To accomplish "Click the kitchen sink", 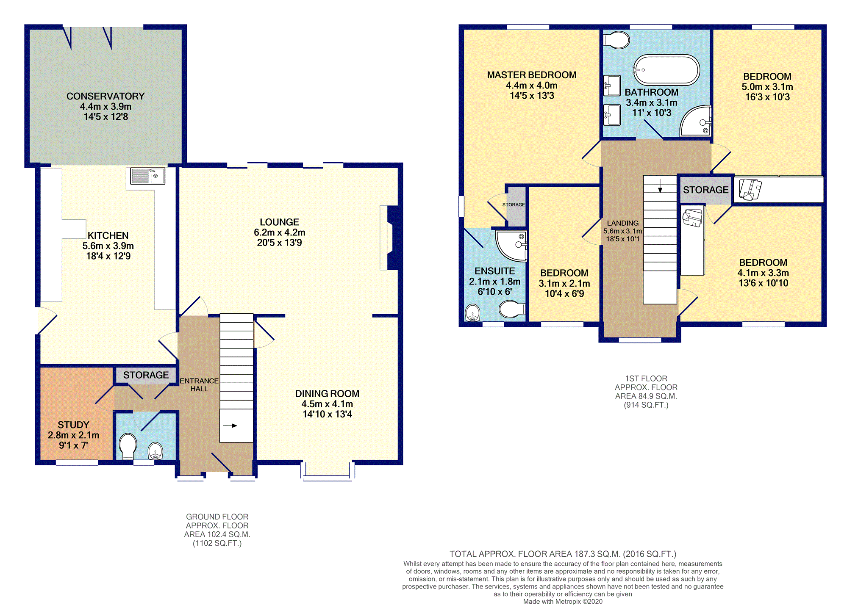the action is (x=147, y=176).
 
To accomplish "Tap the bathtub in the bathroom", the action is (x=666, y=70).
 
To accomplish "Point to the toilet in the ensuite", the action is (x=512, y=309).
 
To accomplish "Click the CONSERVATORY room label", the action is (x=106, y=96).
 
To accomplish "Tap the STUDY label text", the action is (x=73, y=425).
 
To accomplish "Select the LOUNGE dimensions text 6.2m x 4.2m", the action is (x=280, y=232).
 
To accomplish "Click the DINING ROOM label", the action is (x=327, y=394).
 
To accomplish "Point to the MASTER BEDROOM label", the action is (x=532, y=75).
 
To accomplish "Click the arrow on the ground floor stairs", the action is (x=230, y=426).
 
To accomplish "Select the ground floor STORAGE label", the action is (x=146, y=375).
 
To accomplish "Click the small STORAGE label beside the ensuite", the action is (x=514, y=205).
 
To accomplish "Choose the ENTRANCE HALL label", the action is (x=199, y=384).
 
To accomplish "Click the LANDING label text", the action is (x=622, y=223).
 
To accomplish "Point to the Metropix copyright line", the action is (x=563, y=602).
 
